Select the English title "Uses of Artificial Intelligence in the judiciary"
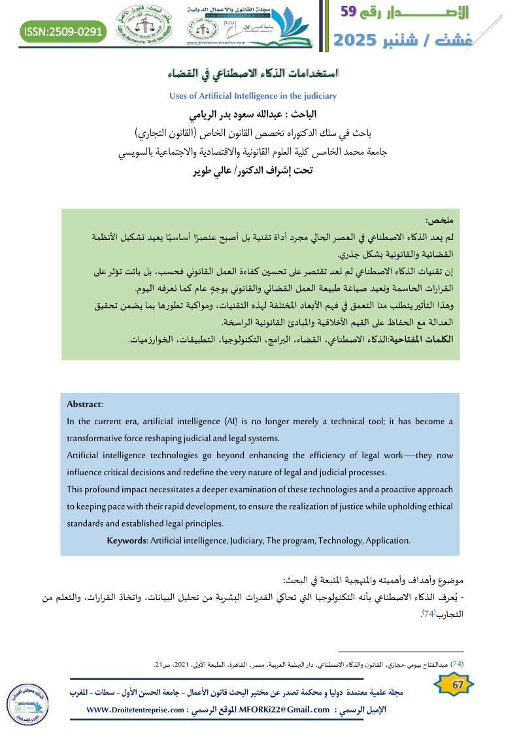tap(252, 96)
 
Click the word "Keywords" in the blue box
tap(128, 541)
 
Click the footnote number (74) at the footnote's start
tap(458, 664)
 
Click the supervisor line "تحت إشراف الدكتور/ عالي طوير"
tap(254, 171)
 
